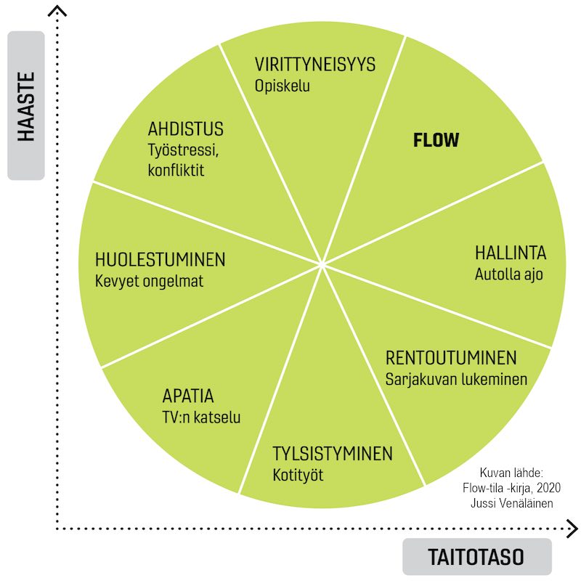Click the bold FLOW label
(x=436, y=140)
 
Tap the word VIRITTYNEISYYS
(x=315, y=65)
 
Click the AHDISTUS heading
(x=186, y=130)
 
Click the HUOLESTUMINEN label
(x=161, y=259)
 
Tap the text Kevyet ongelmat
(x=150, y=281)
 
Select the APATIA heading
(x=188, y=397)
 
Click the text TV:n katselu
(x=201, y=418)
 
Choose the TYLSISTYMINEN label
(x=333, y=454)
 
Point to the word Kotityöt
(x=298, y=476)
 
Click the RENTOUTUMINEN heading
(x=451, y=358)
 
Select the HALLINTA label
(x=511, y=253)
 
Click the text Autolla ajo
(x=509, y=274)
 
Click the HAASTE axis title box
(x=25, y=105)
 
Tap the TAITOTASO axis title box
(x=476, y=558)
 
